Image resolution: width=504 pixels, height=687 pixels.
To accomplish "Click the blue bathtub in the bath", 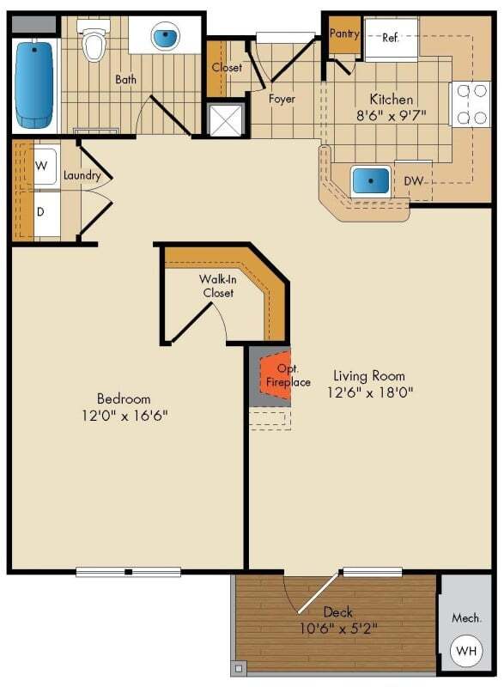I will pyautogui.click(x=34, y=78).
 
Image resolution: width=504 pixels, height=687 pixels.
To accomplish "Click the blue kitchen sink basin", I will pyautogui.click(x=370, y=182).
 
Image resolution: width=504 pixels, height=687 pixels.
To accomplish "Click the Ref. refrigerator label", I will pyautogui.click(x=391, y=37).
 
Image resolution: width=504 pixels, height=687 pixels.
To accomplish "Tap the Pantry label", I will pyautogui.click(x=343, y=33).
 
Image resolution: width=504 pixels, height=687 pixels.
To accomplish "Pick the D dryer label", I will pyautogui.click(x=39, y=210).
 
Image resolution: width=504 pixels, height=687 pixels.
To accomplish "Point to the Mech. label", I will pyautogui.click(x=465, y=618).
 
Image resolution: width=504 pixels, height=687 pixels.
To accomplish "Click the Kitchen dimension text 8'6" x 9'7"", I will pyautogui.click(x=392, y=117).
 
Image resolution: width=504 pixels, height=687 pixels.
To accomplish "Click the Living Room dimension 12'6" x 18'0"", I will pyautogui.click(x=369, y=393).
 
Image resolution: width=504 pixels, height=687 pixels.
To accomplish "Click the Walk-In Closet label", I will pyautogui.click(x=219, y=286).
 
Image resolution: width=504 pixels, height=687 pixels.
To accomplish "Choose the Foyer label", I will pyautogui.click(x=282, y=99).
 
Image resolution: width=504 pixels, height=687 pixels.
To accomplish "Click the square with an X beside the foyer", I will pyautogui.click(x=225, y=119).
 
